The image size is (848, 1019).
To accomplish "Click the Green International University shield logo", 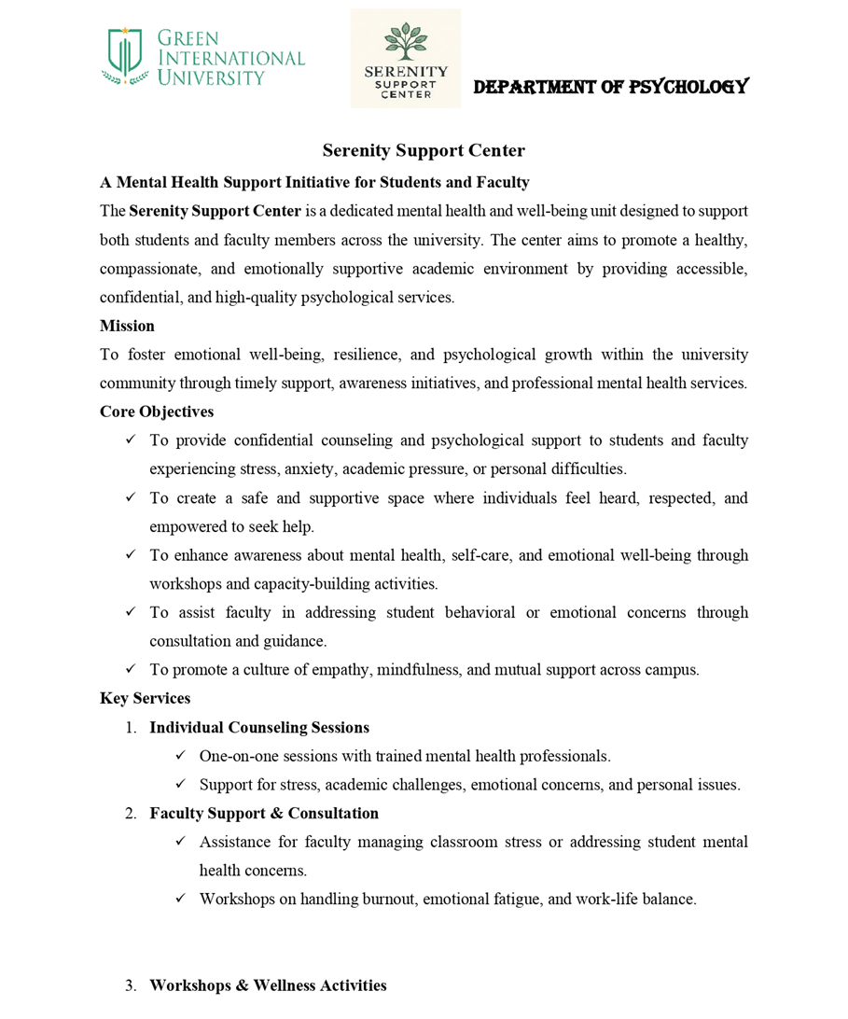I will click(x=126, y=56).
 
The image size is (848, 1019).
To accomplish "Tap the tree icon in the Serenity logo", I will click(x=406, y=42).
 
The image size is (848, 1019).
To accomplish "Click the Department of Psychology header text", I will click(x=610, y=87).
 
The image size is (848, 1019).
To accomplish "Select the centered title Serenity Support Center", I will click(x=424, y=150).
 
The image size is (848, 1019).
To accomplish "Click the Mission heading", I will click(x=127, y=326).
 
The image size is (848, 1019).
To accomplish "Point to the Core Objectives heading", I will click(x=157, y=412).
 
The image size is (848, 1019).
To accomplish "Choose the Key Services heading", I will click(x=145, y=698).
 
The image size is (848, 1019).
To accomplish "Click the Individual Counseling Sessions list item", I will click(x=259, y=727).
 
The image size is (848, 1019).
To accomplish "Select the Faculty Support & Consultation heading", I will click(x=264, y=813).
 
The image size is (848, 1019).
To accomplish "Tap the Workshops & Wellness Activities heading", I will click(x=268, y=985).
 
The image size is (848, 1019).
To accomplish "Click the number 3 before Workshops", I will click(x=131, y=985).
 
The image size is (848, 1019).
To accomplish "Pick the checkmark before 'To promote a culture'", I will click(x=131, y=669).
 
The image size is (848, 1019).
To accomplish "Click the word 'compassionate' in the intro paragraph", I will click(x=147, y=269).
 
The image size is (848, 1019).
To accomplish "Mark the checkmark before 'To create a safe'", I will click(x=131, y=497).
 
